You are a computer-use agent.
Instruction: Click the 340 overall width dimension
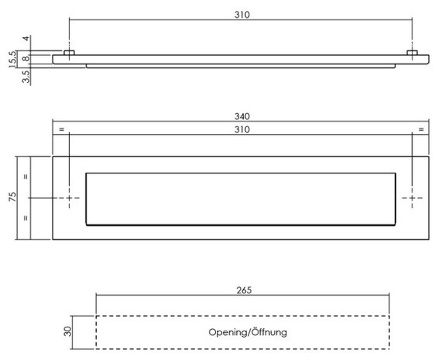pyautogui.click(x=242, y=116)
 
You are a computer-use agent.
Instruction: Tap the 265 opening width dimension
pyautogui.click(x=244, y=290)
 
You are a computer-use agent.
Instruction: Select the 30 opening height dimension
pyautogui.click(x=67, y=331)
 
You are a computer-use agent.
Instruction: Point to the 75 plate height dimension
pyautogui.click(x=12, y=196)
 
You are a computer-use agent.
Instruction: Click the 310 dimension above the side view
pyautogui.click(x=242, y=15)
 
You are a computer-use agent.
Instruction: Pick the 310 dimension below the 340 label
pyautogui.click(x=242, y=129)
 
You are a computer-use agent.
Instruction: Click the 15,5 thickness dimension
pyautogui.click(x=12, y=59)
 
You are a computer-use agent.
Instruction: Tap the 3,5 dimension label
pyautogui.click(x=26, y=77)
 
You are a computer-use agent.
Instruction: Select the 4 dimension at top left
pyautogui.click(x=26, y=39)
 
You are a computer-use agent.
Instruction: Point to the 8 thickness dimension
pyautogui.click(x=26, y=59)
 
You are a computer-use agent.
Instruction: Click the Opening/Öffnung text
pyautogui.click(x=248, y=332)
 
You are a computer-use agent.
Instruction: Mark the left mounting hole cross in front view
pyautogui.click(x=69, y=198)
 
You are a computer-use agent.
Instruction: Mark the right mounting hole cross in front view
pyautogui.click(x=412, y=198)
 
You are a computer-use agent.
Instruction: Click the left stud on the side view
pyautogui.click(x=69, y=53)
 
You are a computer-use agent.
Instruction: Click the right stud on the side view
pyautogui.click(x=412, y=53)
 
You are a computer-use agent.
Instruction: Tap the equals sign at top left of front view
pyautogui.click(x=61, y=129)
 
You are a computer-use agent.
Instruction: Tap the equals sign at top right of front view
pyautogui.click(x=421, y=129)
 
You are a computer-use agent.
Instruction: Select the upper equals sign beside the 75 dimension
pyautogui.click(x=26, y=177)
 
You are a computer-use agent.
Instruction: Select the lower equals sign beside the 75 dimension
pyautogui.click(x=26, y=218)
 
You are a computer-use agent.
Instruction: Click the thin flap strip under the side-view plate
pyautogui.click(x=241, y=66)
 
